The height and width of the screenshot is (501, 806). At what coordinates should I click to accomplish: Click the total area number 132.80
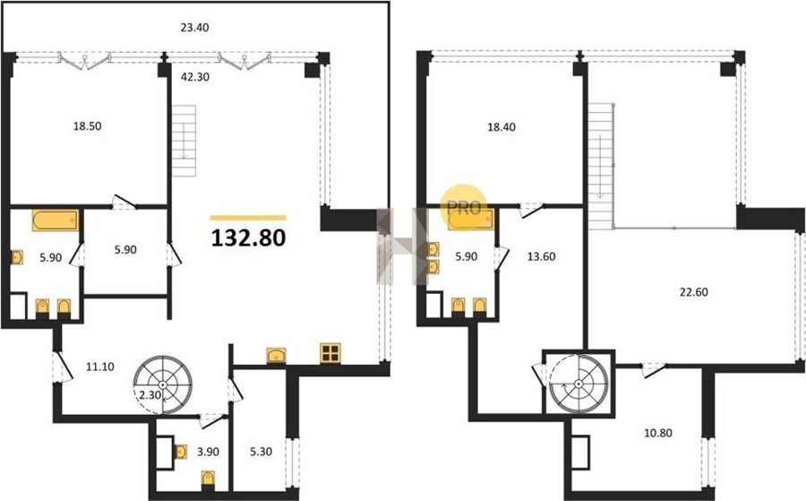[x=248, y=238]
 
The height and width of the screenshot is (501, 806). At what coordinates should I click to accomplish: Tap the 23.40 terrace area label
[x=194, y=28]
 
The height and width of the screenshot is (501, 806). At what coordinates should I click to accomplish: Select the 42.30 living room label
[x=195, y=77]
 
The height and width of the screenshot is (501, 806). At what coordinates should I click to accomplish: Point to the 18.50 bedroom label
[x=87, y=126]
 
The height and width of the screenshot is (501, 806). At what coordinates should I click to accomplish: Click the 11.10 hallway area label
[x=100, y=367]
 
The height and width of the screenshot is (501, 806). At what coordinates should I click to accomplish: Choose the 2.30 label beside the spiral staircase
[x=150, y=395]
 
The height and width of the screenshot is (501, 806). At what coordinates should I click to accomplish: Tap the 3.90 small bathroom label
[x=208, y=452]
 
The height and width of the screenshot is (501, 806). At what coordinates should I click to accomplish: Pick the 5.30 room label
[x=261, y=452]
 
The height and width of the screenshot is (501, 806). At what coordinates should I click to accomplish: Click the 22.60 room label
[x=693, y=292]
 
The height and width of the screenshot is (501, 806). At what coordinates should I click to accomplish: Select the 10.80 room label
[x=658, y=433]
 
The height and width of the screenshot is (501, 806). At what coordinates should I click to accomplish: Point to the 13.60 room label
[x=541, y=256]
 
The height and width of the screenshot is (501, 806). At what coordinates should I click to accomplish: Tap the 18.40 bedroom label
[x=502, y=127]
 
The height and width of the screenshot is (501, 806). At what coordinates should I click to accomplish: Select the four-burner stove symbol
[x=330, y=353]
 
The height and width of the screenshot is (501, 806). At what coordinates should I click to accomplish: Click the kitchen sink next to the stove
[x=277, y=356]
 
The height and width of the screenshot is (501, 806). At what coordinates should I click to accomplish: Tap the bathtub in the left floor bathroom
[x=56, y=220]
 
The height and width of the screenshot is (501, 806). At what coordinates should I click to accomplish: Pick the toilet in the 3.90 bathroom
[x=208, y=479]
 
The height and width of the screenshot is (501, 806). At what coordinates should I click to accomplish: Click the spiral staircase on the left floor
[x=162, y=384]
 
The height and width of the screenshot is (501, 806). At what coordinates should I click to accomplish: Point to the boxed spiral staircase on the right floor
[x=579, y=384]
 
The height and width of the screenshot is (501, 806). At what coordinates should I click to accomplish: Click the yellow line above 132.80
[x=248, y=218]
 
